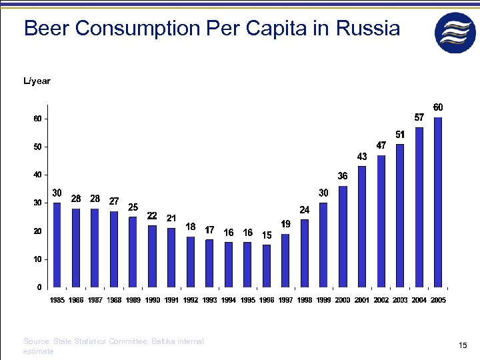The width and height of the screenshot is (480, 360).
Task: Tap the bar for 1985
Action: click(57, 244)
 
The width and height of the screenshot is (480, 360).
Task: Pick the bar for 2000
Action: click(343, 236)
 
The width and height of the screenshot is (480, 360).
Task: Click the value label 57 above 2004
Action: click(419, 117)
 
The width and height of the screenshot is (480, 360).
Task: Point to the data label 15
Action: click(267, 235)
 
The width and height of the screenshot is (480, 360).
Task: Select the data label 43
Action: click(362, 156)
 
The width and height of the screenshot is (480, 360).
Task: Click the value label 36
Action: click(343, 176)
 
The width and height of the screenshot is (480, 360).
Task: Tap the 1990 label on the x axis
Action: click(153, 301)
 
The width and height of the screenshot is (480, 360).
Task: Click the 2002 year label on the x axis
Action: click(381, 301)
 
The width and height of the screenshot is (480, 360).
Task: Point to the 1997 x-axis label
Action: click(285, 301)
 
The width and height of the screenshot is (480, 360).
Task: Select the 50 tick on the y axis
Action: click(37, 147)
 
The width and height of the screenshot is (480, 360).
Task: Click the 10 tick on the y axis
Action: click(37, 259)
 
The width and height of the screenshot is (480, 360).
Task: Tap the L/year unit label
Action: click(37, 81)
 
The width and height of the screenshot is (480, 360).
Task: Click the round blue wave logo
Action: click(455, 33)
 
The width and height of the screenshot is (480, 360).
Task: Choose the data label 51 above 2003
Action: click(400, 135)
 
